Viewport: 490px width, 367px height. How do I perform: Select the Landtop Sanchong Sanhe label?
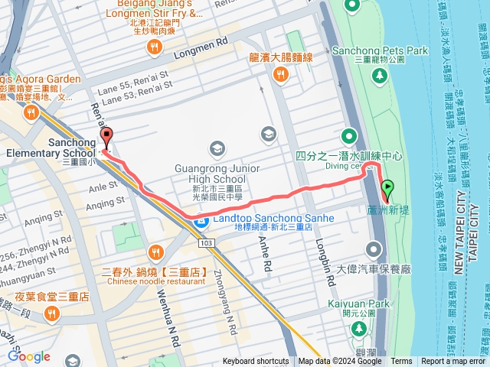273,218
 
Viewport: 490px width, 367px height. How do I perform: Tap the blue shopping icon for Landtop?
201,222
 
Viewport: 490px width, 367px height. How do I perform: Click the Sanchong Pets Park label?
380,50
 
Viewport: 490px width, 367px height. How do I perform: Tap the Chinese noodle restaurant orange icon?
155,252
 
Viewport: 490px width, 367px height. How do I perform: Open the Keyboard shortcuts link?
256,362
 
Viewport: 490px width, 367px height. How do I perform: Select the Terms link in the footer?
401,362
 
